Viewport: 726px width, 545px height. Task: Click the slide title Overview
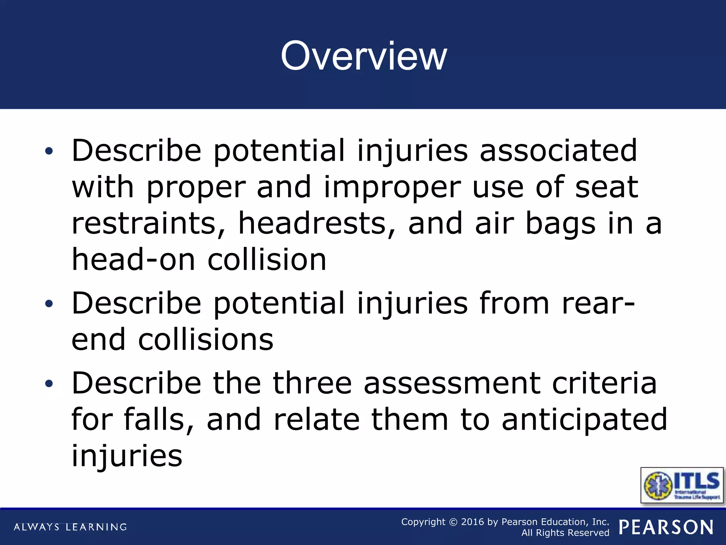[364, 56]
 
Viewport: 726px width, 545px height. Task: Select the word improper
[392, 187]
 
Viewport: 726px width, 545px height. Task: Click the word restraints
[148, 224]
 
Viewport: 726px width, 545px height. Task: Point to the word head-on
[133, 260]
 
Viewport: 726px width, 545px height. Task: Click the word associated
[558, 151]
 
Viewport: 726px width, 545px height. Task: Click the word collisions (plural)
[206, 340]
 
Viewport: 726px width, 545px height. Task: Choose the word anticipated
[584, 420]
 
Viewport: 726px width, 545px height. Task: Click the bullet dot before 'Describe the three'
[49, 384]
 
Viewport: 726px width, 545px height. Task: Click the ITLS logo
[682, 485]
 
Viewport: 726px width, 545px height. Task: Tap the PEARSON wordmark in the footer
[666, 527]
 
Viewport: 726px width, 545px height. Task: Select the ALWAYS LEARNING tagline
[70, 527]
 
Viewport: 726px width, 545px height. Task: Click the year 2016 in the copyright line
[472, 522]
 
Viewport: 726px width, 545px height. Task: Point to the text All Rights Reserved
[565, 533]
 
